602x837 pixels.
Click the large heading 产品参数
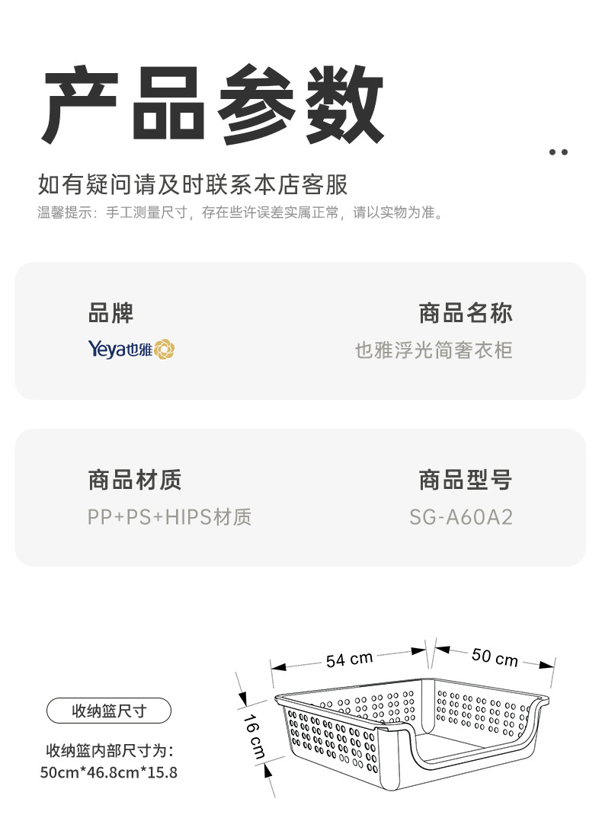(x=213, y=104)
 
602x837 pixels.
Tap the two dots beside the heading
(x=559, y=152)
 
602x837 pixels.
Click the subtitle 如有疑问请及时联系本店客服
(x=193, y=184)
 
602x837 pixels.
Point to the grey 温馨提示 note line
(x=240, y=212)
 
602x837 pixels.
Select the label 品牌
(x=110, y=313)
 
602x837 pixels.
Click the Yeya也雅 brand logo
(x=131, y=350)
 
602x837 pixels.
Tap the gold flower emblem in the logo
(x=165, y=350)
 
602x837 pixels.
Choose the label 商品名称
(x=465, y=313)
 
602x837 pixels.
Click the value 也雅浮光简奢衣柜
(x=434, y=350)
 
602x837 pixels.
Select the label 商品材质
(x=135, y=481)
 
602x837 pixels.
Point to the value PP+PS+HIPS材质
(x=169, y=518)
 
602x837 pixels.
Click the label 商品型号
(x=465, y=481)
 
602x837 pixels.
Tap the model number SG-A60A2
(x=460, y=518)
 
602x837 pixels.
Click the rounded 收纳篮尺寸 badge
(x=109, y=711)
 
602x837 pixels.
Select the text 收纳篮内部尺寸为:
(x=110, y=750)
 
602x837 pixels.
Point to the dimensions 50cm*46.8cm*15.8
(x=109, y=772)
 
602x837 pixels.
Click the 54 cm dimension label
(x=349, y=659)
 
